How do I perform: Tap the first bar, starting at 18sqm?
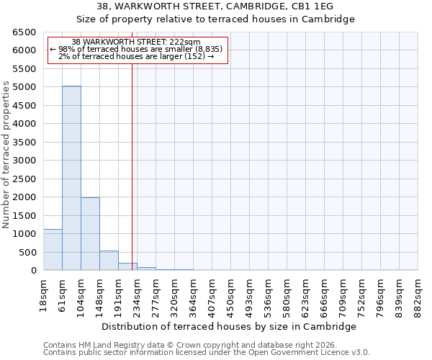coord(53,250)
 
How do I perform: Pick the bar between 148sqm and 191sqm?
coord(109,261)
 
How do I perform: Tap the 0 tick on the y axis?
coord(33,271)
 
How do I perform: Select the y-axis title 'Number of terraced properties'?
coord(6,155)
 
